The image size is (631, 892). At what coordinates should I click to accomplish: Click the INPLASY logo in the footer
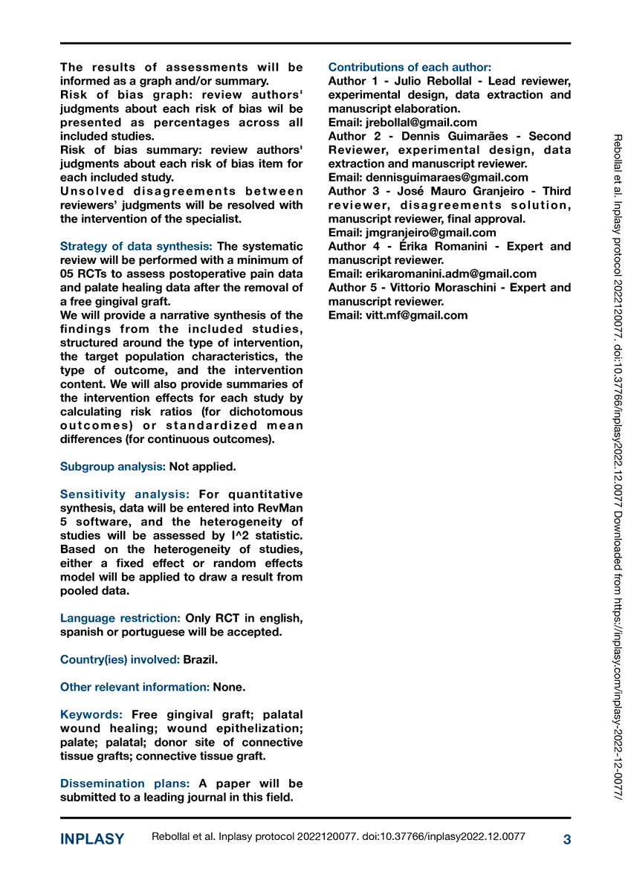click(x=92, y=839)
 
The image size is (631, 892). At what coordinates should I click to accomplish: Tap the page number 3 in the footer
click(x=567, y=840)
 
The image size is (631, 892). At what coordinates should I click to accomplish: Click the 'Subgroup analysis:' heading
click(x=113, y=467)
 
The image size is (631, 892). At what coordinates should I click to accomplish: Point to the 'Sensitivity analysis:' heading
click(x=125, y=494)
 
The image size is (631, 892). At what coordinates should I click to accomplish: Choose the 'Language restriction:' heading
click(x=120, y=618)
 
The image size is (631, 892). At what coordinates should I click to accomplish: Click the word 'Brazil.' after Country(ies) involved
click(x=201, y=660)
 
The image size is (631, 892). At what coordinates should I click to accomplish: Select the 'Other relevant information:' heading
click(x=135, y=688)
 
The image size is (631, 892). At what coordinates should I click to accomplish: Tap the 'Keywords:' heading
click(x=91, y=715)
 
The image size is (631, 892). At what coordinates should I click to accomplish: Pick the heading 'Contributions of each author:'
click(x=410, y=67)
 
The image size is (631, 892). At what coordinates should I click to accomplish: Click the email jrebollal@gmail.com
click(x=421, y=123)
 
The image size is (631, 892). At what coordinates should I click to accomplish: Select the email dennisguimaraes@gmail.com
click(x=447, y=178)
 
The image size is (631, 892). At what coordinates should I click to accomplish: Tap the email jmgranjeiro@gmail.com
click(x=431, y=233)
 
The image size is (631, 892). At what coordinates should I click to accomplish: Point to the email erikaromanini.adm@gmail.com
click(x=451, y=274)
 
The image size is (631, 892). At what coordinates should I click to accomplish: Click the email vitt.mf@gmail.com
click(x=417, y=315)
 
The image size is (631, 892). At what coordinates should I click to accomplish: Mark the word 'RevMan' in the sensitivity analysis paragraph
click(x=279, y=508)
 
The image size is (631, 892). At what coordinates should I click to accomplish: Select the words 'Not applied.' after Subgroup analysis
click(x=202, y=467)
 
